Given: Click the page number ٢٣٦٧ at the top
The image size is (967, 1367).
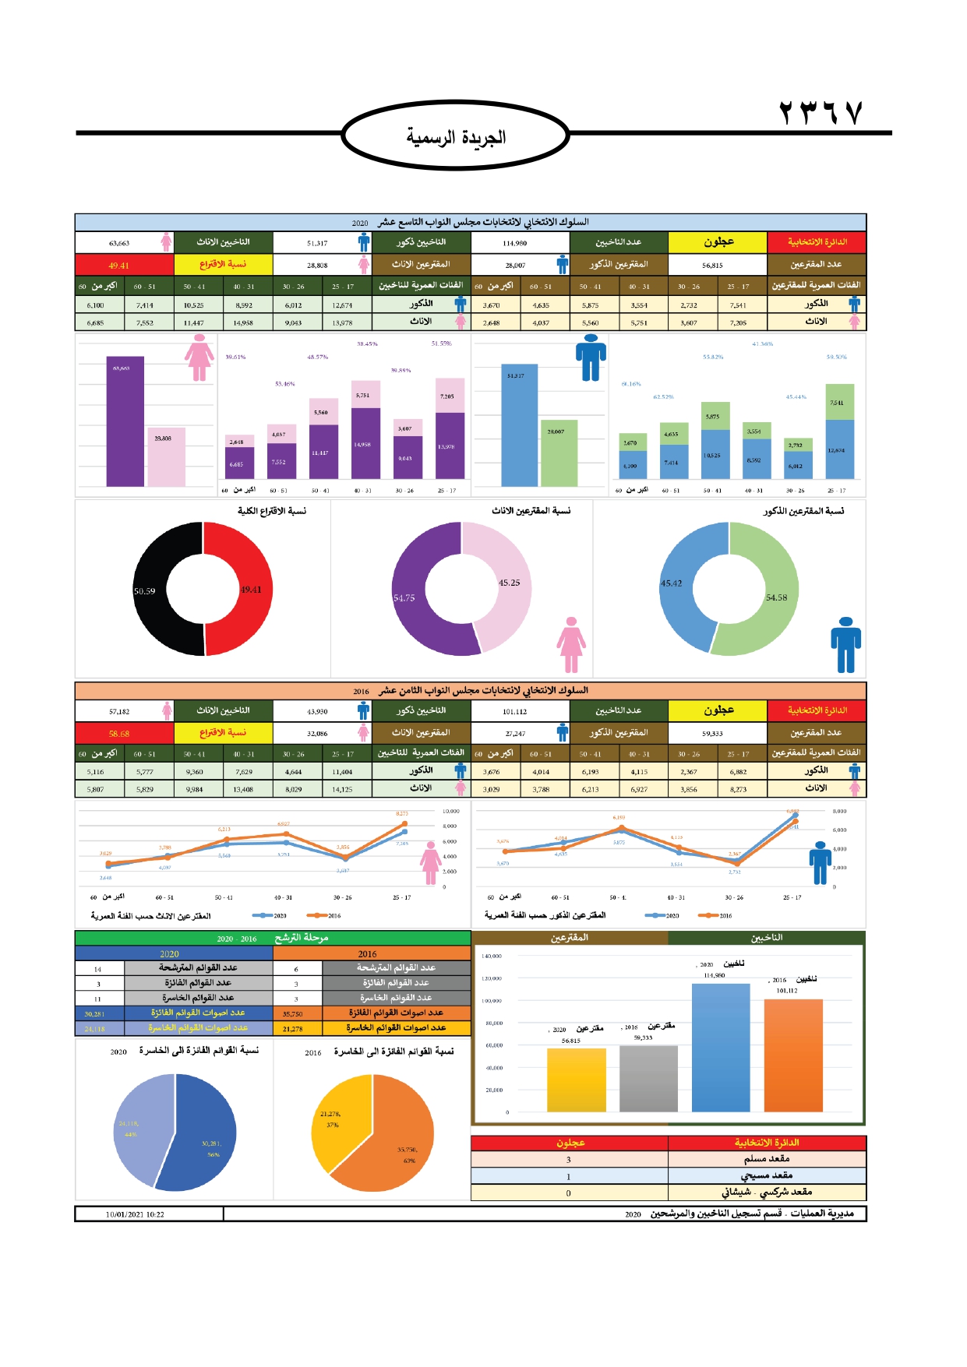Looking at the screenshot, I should click(821, 114).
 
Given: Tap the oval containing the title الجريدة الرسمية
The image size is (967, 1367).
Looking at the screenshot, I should click(456, 136).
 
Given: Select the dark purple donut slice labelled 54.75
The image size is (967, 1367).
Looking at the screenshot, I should click(413, 600).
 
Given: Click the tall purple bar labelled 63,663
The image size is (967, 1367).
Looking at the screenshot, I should click(125, 421).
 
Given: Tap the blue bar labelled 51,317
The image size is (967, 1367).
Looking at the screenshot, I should click(519, 425).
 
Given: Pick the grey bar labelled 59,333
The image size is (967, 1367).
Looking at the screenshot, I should click(648, 1078).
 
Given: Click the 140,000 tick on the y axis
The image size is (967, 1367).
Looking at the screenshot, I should click(492, 956).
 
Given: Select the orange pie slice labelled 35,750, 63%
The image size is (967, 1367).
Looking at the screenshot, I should click(397, 1145).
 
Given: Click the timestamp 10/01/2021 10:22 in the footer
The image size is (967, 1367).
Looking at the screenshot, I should click(135, 1214).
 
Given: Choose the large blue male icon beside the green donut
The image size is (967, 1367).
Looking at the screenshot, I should click(845, 644).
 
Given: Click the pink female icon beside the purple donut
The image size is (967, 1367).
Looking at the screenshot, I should click(571, 644).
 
